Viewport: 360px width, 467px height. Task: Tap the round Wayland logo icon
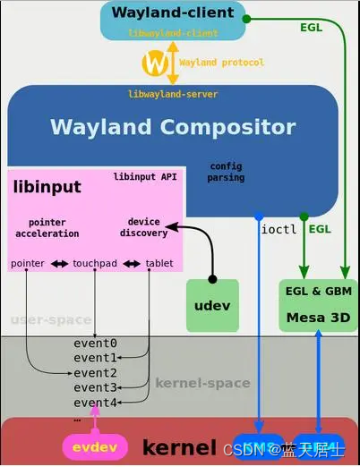[158, 64]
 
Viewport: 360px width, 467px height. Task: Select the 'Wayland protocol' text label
[221, 64]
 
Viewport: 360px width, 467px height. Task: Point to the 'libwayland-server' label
[173, 94]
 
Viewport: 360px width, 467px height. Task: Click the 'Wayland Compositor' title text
[172, 126]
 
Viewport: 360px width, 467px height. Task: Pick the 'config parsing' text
[226, 173]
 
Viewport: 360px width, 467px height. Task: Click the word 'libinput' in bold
[47, 187]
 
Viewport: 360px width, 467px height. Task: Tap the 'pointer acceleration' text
[47, 227]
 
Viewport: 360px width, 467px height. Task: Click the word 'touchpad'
[95, 264]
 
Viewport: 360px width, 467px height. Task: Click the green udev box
[212, 305]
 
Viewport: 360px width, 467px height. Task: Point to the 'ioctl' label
[278, 229]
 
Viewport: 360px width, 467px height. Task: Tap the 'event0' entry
[95, 344]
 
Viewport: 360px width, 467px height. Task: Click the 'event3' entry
[95, 387]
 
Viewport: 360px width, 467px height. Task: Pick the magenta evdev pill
[92, 446]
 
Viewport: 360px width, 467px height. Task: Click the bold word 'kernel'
[179, 446]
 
